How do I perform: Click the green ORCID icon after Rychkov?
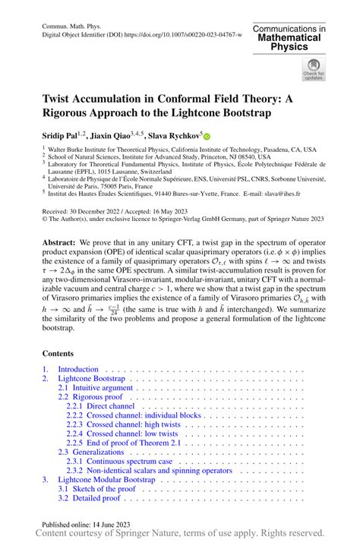pyautogui.click(x=205, y=134)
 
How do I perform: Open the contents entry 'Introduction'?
pyautogui.click(x=78, y=369)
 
